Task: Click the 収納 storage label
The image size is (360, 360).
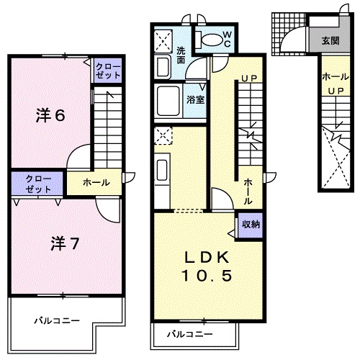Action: pos(251,225)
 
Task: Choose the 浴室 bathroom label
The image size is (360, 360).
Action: pos(196,99)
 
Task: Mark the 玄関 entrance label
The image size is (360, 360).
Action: pos(330,40)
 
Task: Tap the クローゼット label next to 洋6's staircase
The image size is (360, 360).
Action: pos(109,71)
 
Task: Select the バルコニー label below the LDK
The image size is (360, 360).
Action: pos(190,334)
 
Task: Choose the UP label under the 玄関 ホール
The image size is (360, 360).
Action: pos(336,91)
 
